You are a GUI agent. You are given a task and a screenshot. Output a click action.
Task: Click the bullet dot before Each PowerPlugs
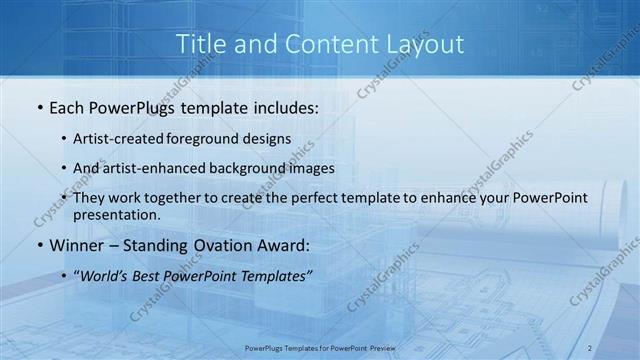point(38,106)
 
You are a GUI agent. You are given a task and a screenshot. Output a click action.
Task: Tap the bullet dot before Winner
point(38,245)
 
